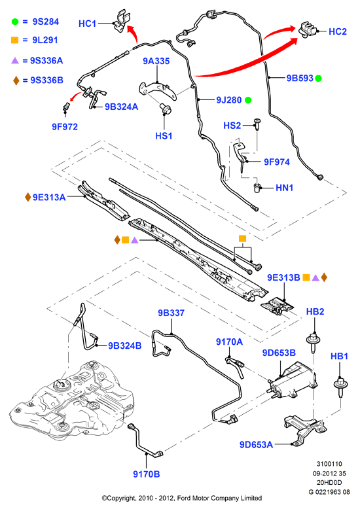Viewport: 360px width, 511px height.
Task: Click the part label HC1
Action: pos(88,24)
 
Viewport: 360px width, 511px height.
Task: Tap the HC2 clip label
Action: pos(338,31)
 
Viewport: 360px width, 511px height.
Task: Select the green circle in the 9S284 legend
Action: pos(15,22)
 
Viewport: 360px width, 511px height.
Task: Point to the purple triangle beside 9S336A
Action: pos(15,60)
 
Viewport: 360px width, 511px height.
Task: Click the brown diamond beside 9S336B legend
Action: pos(16,80)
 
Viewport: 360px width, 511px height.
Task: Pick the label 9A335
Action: pos(156,61)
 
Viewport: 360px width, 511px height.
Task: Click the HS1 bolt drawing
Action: pos(166,109)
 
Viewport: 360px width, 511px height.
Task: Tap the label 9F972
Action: pos(65,127)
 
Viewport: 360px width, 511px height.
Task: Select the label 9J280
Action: pos(229,100)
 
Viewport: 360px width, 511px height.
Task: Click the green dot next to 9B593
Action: pos(318,79)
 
